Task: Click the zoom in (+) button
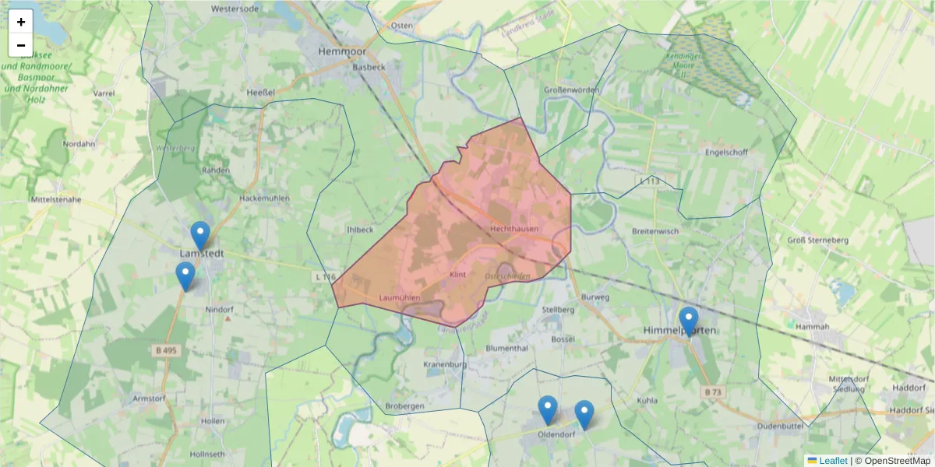21,22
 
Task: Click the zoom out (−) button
21,45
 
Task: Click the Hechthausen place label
515,228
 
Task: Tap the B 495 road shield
164,351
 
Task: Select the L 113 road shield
649,181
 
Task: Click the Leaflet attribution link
832,461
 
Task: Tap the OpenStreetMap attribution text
893,461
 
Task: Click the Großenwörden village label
571,90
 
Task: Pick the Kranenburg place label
445,364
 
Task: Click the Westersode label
235,9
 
